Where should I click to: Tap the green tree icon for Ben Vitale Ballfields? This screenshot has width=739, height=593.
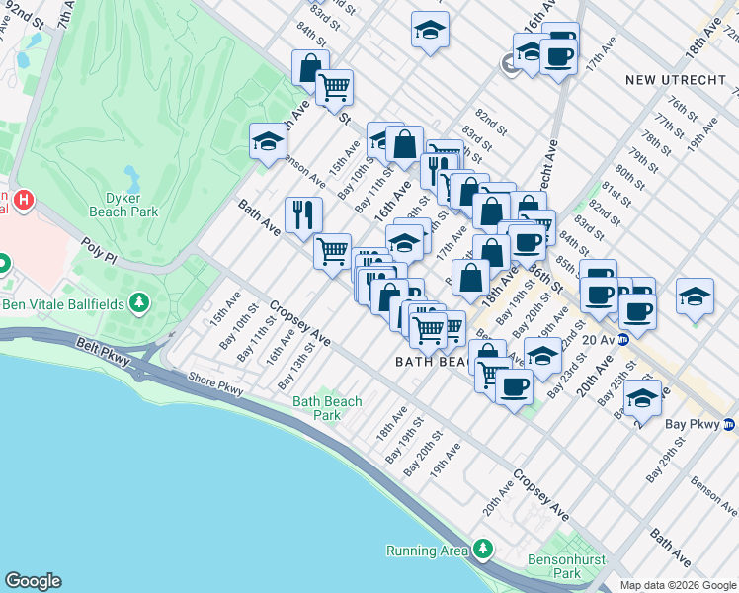pos(140,300)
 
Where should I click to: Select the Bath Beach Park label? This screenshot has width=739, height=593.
pos(327,408)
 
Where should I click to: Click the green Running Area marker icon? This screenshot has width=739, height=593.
pos(483,549)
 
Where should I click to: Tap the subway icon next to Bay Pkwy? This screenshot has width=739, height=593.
pos(728,425)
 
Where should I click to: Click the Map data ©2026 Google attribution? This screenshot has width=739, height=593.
pos(678,585)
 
